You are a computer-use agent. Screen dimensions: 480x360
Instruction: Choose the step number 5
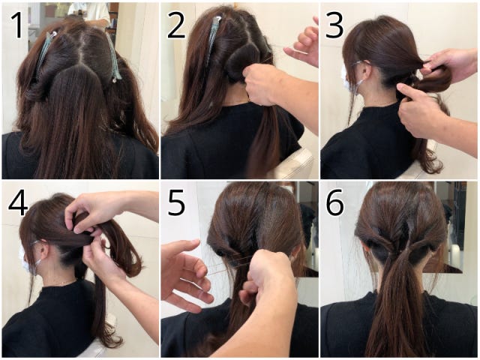click(x=176, y=202)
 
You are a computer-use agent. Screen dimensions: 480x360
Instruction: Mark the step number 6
click(x=334, y=202)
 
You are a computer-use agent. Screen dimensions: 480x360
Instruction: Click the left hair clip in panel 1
click(x=45, y=52)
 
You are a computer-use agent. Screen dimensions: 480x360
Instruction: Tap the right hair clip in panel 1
click(x=113, y=58)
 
